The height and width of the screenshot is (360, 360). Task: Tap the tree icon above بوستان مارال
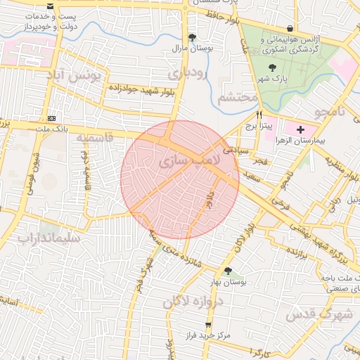pyautogui.click(x=192, y=37)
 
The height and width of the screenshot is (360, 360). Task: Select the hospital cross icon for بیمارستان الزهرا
pyautogui.click(x=301, y=129)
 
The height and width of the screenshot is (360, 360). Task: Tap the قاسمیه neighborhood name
pyautogui.click(x=94, y=136)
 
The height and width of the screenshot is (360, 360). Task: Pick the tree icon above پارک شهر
pyautogui.click(x=272, y=68)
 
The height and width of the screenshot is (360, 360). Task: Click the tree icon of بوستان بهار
pyautogui.click(x=227, y=271)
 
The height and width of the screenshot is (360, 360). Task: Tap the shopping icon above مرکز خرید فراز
pyautogui.click(x=207, y=325)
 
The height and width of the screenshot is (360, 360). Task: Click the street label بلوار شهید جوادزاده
pyautogui.click(x=141, y=89)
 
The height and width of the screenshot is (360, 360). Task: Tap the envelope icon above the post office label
pyautogui.click(x=49, y=6)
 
